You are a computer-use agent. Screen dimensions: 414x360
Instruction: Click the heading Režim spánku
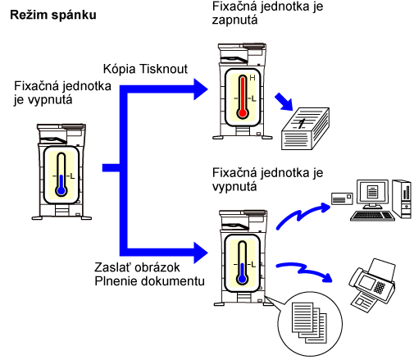point(53,15)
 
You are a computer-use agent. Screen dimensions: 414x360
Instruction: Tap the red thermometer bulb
point(243,113)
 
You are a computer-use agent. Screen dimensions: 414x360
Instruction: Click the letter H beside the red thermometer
point(252,78)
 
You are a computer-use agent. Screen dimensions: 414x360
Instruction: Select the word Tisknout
point(163,69)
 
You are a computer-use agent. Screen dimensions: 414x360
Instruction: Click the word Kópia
point(119,69)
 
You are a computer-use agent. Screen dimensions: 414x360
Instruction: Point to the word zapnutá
point(234,21)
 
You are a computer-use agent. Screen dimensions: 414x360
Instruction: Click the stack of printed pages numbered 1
point(305,129)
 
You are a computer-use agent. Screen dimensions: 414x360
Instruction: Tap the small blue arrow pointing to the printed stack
point(284,102)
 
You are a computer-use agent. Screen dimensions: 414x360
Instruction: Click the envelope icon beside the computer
point(342,198)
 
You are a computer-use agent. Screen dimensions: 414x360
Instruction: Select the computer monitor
point(372,194)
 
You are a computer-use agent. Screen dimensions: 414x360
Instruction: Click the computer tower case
point(402,198)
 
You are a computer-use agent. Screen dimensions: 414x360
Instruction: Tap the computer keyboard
point(372,216)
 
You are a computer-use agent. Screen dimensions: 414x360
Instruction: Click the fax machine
point(372,285)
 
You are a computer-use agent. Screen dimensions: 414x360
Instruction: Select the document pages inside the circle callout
point(309,322)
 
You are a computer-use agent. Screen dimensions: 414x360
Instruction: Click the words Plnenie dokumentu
point(149,281)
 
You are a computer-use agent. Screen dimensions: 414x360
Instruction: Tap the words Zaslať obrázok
point(137,267)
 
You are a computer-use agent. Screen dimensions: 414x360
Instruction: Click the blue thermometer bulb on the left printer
point(61,190)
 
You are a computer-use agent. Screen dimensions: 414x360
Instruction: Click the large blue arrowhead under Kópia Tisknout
point(201,89)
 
